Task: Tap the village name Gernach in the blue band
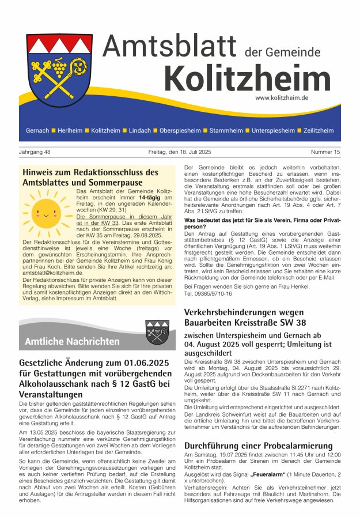[x=37, y=131]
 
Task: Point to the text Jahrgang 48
[x=35, y=152]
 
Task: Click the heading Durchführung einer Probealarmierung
[x=258, y=446]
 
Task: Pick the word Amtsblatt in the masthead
[x=170, y=46]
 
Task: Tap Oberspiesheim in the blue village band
[x=181, y=131]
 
